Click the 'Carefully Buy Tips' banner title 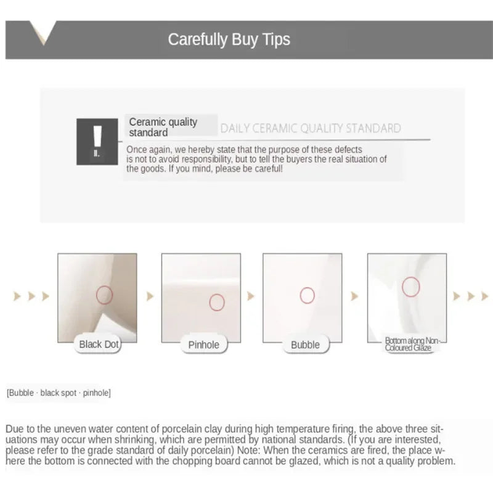(229, 40)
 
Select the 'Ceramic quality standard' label (163, 127)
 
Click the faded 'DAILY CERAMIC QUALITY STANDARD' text (311, 128)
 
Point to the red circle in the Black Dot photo (97, 295)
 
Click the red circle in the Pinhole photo (210, 303)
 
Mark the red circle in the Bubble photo (300, 296)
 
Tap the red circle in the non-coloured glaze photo (402, 287)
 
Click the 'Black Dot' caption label (99, 344)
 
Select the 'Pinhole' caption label (204, 345)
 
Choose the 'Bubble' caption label (305, 345)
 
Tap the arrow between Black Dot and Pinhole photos (150, 296)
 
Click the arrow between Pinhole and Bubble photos (251, 296)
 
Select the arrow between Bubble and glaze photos (354, 296)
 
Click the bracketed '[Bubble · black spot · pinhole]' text (59, 393)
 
